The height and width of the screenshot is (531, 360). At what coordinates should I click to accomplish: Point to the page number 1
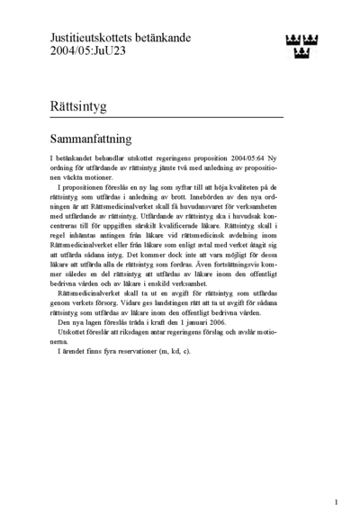point(336,502)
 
